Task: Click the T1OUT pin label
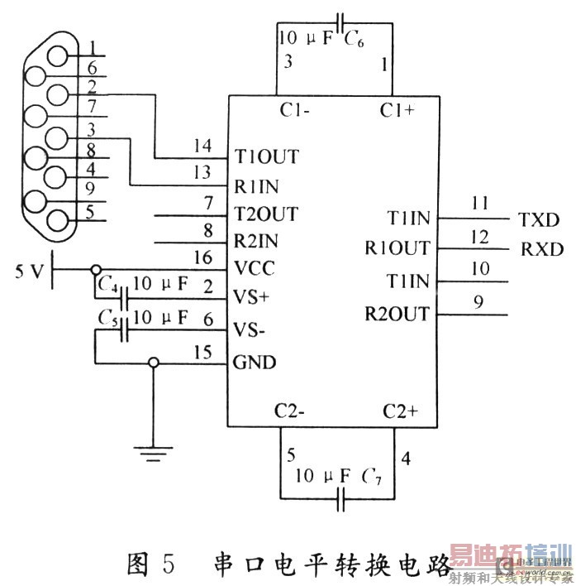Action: pyautogui.click(x=266, y=156)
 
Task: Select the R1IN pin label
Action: pyautogui.click(x=259, y=174)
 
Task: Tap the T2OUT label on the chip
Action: pyautogui.click(x=266, y=214)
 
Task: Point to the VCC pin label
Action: pyautogui.click(x=255, y=269)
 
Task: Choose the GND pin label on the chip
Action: pyautogui.click(x=255, y=363)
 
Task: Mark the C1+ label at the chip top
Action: pyautogui.click(x=397, y=110)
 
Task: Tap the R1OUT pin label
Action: pyautogui.click(x=397, y=247)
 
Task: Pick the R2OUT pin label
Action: pyautogui.click(x=397, y=314)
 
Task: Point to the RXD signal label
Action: pyautogui.click(x=541, y=248)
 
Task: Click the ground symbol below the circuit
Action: pyautogui.click(x=154, y=452)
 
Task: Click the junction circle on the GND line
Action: pyautogui.click(x=153, y=363)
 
